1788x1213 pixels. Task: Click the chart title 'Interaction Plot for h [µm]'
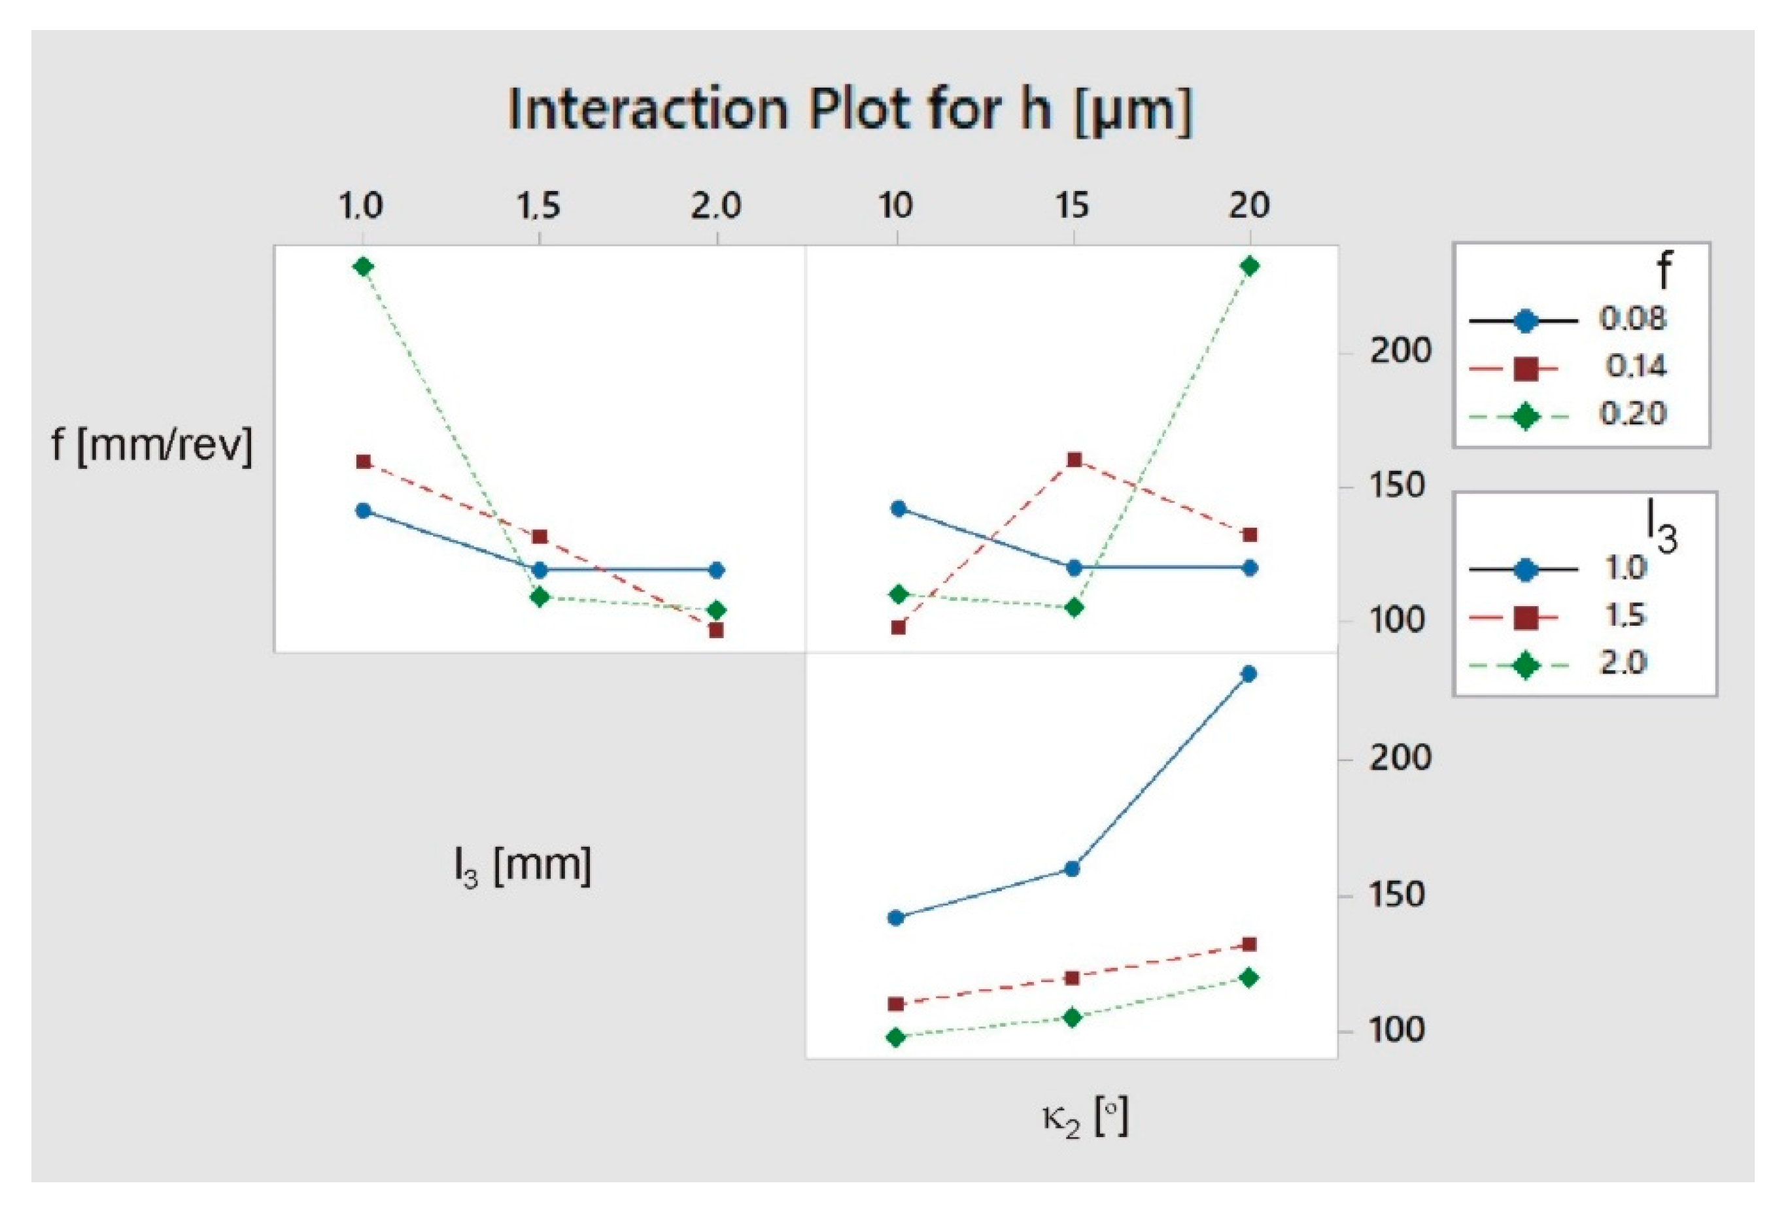[850, 110]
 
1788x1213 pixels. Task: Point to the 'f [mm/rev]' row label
[152, 445]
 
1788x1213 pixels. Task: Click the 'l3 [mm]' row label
[523, 868]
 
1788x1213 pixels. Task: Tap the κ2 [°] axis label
[1085, 1118]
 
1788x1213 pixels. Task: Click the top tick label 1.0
[362, 206]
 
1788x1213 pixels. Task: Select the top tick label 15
[1073, 206]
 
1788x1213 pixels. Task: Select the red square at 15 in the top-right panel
[1075, 460]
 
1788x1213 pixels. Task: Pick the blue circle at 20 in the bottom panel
[1250, 674]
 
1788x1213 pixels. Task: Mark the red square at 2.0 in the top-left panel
[716, 630]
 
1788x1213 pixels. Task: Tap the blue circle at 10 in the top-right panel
[898, 509]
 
